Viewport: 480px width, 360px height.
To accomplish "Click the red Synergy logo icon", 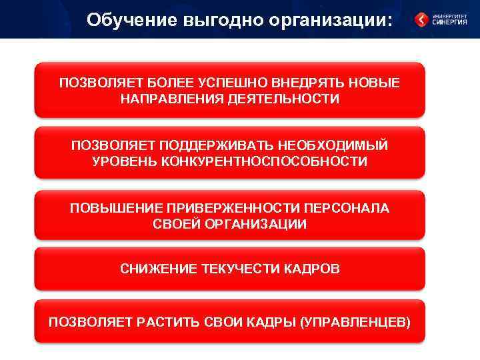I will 421,20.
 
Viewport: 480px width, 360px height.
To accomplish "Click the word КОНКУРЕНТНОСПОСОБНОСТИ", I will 264,161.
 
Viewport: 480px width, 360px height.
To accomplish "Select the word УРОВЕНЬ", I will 125,161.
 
